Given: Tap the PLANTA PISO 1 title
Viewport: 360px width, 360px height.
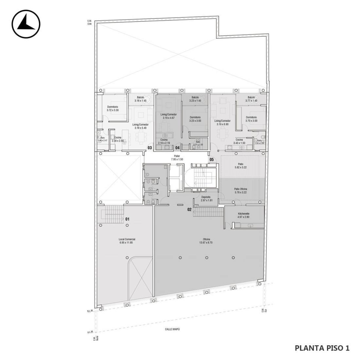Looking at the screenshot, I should pyautogui.click(x=322, y=348).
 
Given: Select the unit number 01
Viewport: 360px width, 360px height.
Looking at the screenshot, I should pyautogui.click(x=127, y=219).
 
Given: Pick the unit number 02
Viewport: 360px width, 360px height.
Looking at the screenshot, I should pyautogui.click(x=189, y=209).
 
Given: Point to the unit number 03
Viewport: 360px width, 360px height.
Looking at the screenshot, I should pyautogui.click(x=150, y=148).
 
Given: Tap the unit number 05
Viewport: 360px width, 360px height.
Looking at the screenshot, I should pyautogui.click(x=211, y=160).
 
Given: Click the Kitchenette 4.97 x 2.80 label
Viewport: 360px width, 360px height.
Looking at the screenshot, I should pyautogui.click(x=243, y=215).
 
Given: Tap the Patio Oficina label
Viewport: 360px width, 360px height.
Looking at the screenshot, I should pyautogui.click(x=240, y=191).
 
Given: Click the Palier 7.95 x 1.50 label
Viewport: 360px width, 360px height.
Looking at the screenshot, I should pyautogui.click(x=177, y=158).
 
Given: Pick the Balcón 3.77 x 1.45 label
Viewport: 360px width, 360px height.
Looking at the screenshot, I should pyautogui.click(x=251, y=99).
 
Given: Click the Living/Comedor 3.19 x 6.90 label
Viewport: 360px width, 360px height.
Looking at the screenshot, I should pyautogui.click(x=223, y=122).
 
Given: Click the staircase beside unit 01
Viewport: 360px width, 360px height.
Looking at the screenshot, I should pyautogui.click(x=112, y=215).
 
